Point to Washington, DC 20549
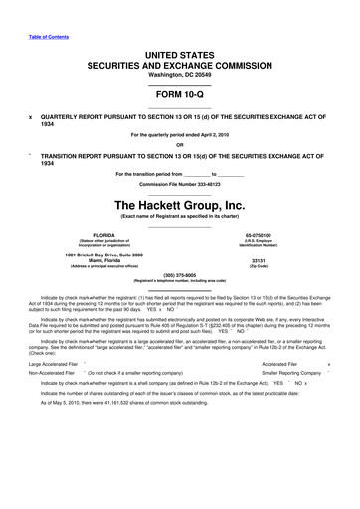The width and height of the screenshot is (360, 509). (x=179, y=73)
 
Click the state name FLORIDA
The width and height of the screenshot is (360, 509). (x=97, y=234)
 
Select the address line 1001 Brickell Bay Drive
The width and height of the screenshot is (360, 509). (x=97, y=255)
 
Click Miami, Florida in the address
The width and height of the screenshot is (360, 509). (x=97, y=262)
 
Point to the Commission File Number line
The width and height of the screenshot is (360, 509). (x=179, y=185)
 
